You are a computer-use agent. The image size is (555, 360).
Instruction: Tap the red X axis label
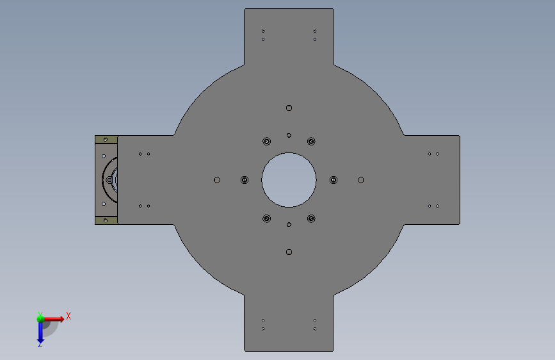pos(68,316)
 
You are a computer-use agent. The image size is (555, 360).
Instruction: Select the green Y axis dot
pos(40,319)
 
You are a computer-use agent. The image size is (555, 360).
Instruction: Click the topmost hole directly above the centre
pos(289,108)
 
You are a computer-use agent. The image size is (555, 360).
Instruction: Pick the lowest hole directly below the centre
pos(289,252)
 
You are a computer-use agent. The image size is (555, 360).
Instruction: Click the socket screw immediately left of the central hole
pos(245,180)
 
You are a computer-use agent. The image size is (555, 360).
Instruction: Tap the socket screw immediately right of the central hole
pos(334,180)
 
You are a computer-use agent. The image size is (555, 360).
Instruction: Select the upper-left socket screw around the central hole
pos(266,142)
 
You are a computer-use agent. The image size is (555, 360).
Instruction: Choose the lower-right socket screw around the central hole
pos(311,218)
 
